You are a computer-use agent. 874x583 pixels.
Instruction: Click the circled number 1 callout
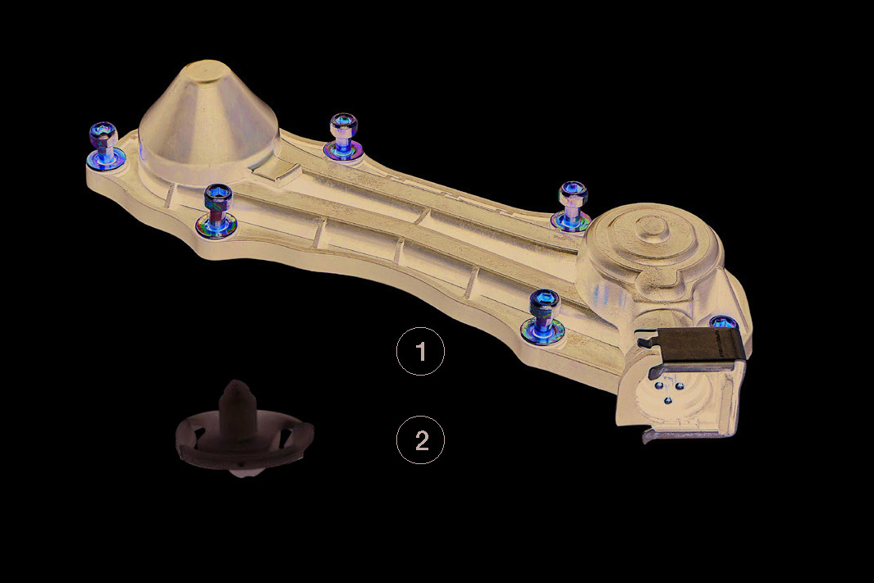click(420, 352)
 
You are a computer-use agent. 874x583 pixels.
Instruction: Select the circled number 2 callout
click(420, 440)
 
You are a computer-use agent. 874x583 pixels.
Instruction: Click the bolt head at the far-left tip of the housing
click(103, 134)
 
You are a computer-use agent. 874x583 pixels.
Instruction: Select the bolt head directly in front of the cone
click(218, 196)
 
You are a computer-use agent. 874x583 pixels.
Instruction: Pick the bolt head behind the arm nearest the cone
click(343, 124)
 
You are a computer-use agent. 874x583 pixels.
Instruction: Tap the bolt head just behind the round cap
click(573, 192)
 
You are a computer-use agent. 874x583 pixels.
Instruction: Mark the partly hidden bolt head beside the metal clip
click(724, 322)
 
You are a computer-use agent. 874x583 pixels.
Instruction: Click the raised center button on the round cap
click(652, 225)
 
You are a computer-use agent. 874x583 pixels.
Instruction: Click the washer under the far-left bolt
click(106, 161)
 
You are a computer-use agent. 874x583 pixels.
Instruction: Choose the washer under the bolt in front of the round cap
click(542, 332)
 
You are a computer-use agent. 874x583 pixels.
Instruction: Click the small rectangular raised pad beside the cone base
click(277, 173)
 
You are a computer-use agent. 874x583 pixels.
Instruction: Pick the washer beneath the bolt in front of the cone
click(217, 225)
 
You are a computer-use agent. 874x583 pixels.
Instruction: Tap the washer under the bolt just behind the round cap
click(571, 221)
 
